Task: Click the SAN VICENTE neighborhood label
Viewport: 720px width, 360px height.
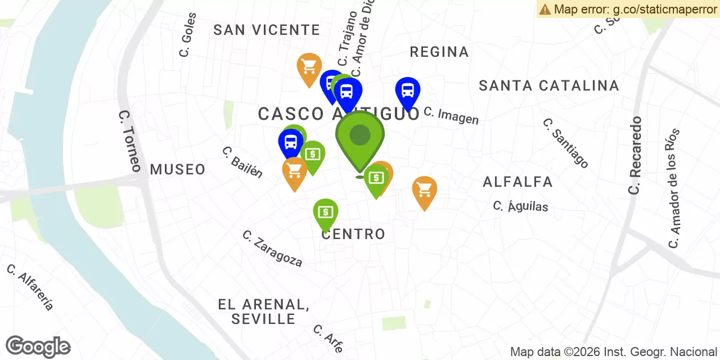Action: tap(267, 30)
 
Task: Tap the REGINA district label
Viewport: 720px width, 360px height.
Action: tap(439, 52)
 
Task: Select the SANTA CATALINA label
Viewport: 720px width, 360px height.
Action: tap(548, 85)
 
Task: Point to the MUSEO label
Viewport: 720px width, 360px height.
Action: tap(178, 169)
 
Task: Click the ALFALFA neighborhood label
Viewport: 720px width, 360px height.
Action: tap(517, 182)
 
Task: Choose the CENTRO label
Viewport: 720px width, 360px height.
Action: tap(353, 234)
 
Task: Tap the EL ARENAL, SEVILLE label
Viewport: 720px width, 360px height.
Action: tap(264, 312)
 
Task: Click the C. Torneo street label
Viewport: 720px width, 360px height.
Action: tap(130, 141)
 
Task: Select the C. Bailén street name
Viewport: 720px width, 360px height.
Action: tap(242, 162)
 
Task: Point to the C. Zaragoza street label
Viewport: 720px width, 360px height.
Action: tap(272, 249)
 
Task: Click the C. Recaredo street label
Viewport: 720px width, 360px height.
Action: tap(636, 155)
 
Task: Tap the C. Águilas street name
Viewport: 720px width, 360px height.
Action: tap(520, 206)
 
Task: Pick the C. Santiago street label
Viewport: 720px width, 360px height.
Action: tap(566, 143)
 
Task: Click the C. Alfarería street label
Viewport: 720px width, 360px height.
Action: tap(30, 287)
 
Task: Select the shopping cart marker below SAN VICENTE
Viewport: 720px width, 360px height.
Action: tap(309, 68)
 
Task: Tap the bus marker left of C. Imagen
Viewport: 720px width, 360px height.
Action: tap(408, 91)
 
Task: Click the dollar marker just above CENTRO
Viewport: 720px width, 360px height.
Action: tap(326, 213)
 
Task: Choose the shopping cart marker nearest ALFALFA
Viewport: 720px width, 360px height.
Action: tap(425, 191)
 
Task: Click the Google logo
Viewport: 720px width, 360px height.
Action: tap(38, 346)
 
